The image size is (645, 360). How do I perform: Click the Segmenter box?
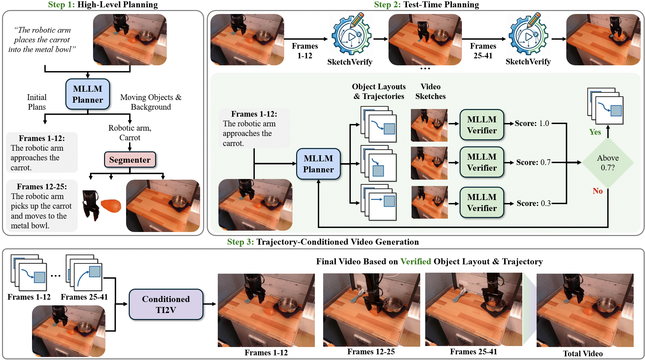(130, 160)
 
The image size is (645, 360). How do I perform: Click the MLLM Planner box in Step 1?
(87, 94)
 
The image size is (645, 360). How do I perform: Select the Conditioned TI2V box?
(166, 304)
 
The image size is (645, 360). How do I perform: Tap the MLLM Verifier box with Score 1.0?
(482, 125)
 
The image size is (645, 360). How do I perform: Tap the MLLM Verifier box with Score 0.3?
(482, 202)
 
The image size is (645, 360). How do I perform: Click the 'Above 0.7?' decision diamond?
(607, 163)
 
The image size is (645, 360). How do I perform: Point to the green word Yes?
(595, 132)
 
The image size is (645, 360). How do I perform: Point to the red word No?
(597, 191)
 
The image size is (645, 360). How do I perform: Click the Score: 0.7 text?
(533, 162)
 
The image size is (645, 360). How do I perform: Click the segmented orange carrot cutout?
(111, 205)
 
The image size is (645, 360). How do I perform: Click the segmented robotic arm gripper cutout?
(91, 205)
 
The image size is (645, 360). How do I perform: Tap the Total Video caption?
(583, 354)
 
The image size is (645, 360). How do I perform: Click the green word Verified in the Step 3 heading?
(416, 262)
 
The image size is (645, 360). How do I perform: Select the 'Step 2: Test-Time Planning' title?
(426, 5)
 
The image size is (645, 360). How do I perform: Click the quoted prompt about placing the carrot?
(42, 40)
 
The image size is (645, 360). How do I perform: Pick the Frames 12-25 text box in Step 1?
(42, 206)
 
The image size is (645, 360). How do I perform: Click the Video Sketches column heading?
(430, 91)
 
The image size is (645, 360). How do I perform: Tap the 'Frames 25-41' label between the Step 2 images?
(483, 51)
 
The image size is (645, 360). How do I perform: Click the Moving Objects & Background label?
(151, 102)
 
